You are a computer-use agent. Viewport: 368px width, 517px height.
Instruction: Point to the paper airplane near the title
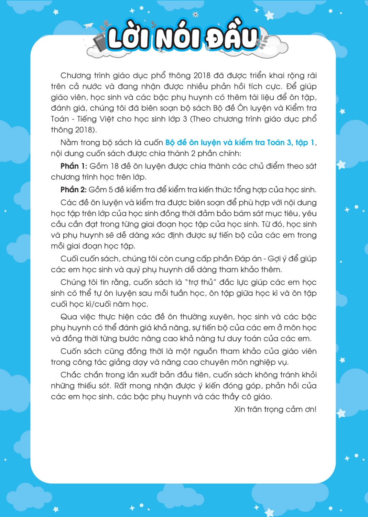tap(89, 26)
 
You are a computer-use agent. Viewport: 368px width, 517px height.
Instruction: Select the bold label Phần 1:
tap(74, 166)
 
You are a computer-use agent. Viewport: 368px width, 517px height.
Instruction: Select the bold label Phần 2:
tap(73, 190)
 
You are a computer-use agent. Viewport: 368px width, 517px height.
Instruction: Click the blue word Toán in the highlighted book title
tap(275, 143)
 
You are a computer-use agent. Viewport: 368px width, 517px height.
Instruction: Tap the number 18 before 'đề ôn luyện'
tap(114, 166)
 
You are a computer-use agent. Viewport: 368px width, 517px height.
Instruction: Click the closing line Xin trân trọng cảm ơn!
tap(275, 409)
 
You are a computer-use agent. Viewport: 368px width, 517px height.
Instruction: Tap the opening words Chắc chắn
tap(77, 375)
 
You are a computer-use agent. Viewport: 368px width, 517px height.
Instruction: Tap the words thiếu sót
tap(88, 386)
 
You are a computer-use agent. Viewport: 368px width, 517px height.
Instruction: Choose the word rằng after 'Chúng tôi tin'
tap(120, 282)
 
